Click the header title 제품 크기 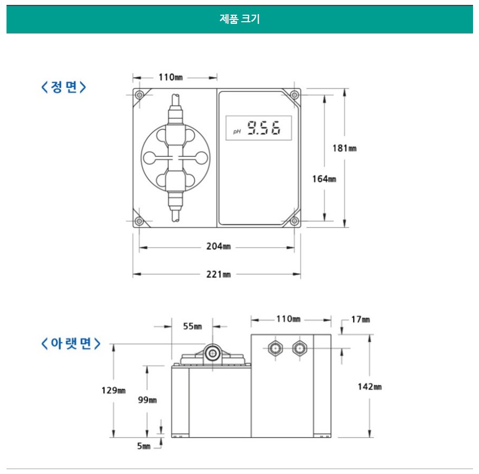coord(240,19)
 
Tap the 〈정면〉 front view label coord(63,87)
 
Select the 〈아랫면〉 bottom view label coord(71,344)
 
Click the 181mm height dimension coord(344,148)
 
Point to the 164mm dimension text coord(324,179)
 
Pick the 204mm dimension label coord(219,246)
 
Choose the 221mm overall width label coord(219,274)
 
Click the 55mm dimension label coord(193,326)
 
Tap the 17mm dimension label coord(361,320)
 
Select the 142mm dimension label coord(369,387)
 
